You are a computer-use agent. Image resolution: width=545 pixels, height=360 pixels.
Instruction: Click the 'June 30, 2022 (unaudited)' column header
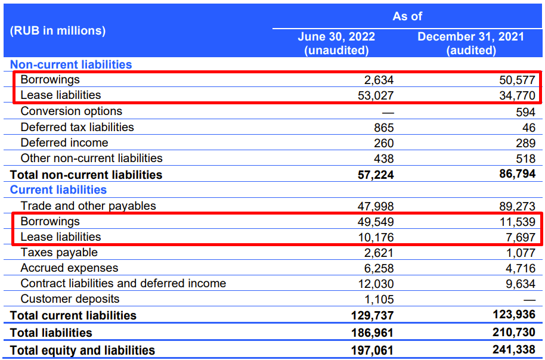point(336,44)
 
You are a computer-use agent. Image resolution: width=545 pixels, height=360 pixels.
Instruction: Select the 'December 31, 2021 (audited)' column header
point(470,44)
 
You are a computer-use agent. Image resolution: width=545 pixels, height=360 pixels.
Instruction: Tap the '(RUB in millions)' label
point(58,30)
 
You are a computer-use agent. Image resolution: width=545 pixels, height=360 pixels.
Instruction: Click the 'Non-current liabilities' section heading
point(71,64)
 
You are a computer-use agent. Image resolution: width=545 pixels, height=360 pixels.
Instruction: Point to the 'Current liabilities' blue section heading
point(58,190)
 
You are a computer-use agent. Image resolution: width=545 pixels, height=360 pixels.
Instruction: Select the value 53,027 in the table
point(376,95)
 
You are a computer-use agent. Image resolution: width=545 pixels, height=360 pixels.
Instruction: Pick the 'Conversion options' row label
point(71,111)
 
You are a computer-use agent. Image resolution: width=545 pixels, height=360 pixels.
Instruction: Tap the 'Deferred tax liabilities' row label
point(77,127)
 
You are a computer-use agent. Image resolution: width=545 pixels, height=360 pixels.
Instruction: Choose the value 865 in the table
point(384,128)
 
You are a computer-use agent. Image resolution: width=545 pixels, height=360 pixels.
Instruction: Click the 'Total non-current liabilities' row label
point(86,175)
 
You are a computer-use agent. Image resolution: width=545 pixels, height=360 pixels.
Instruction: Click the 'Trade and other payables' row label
point(88,206)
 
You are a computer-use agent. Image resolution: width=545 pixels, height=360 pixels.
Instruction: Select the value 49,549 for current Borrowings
point(376,222)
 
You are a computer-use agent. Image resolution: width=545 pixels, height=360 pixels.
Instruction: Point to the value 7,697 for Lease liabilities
point(521,237)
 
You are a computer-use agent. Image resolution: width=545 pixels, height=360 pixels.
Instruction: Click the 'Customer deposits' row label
point(70,299)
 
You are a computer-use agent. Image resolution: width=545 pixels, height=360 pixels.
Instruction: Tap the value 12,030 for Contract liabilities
point(376,284)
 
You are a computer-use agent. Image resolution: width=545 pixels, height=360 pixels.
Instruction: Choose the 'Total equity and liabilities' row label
point(82,350)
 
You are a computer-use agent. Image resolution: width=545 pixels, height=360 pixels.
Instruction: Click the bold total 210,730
point(514,332)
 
